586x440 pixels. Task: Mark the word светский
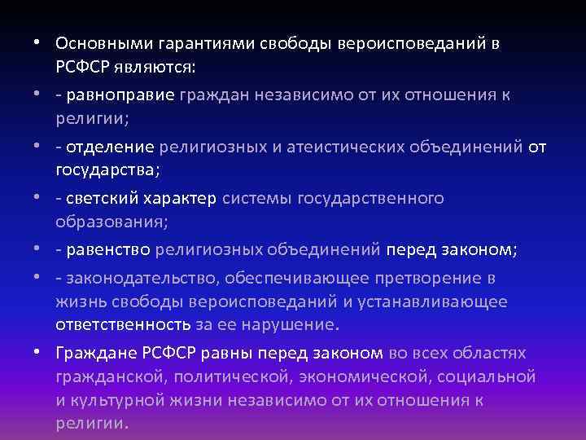(x=103, y=199)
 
